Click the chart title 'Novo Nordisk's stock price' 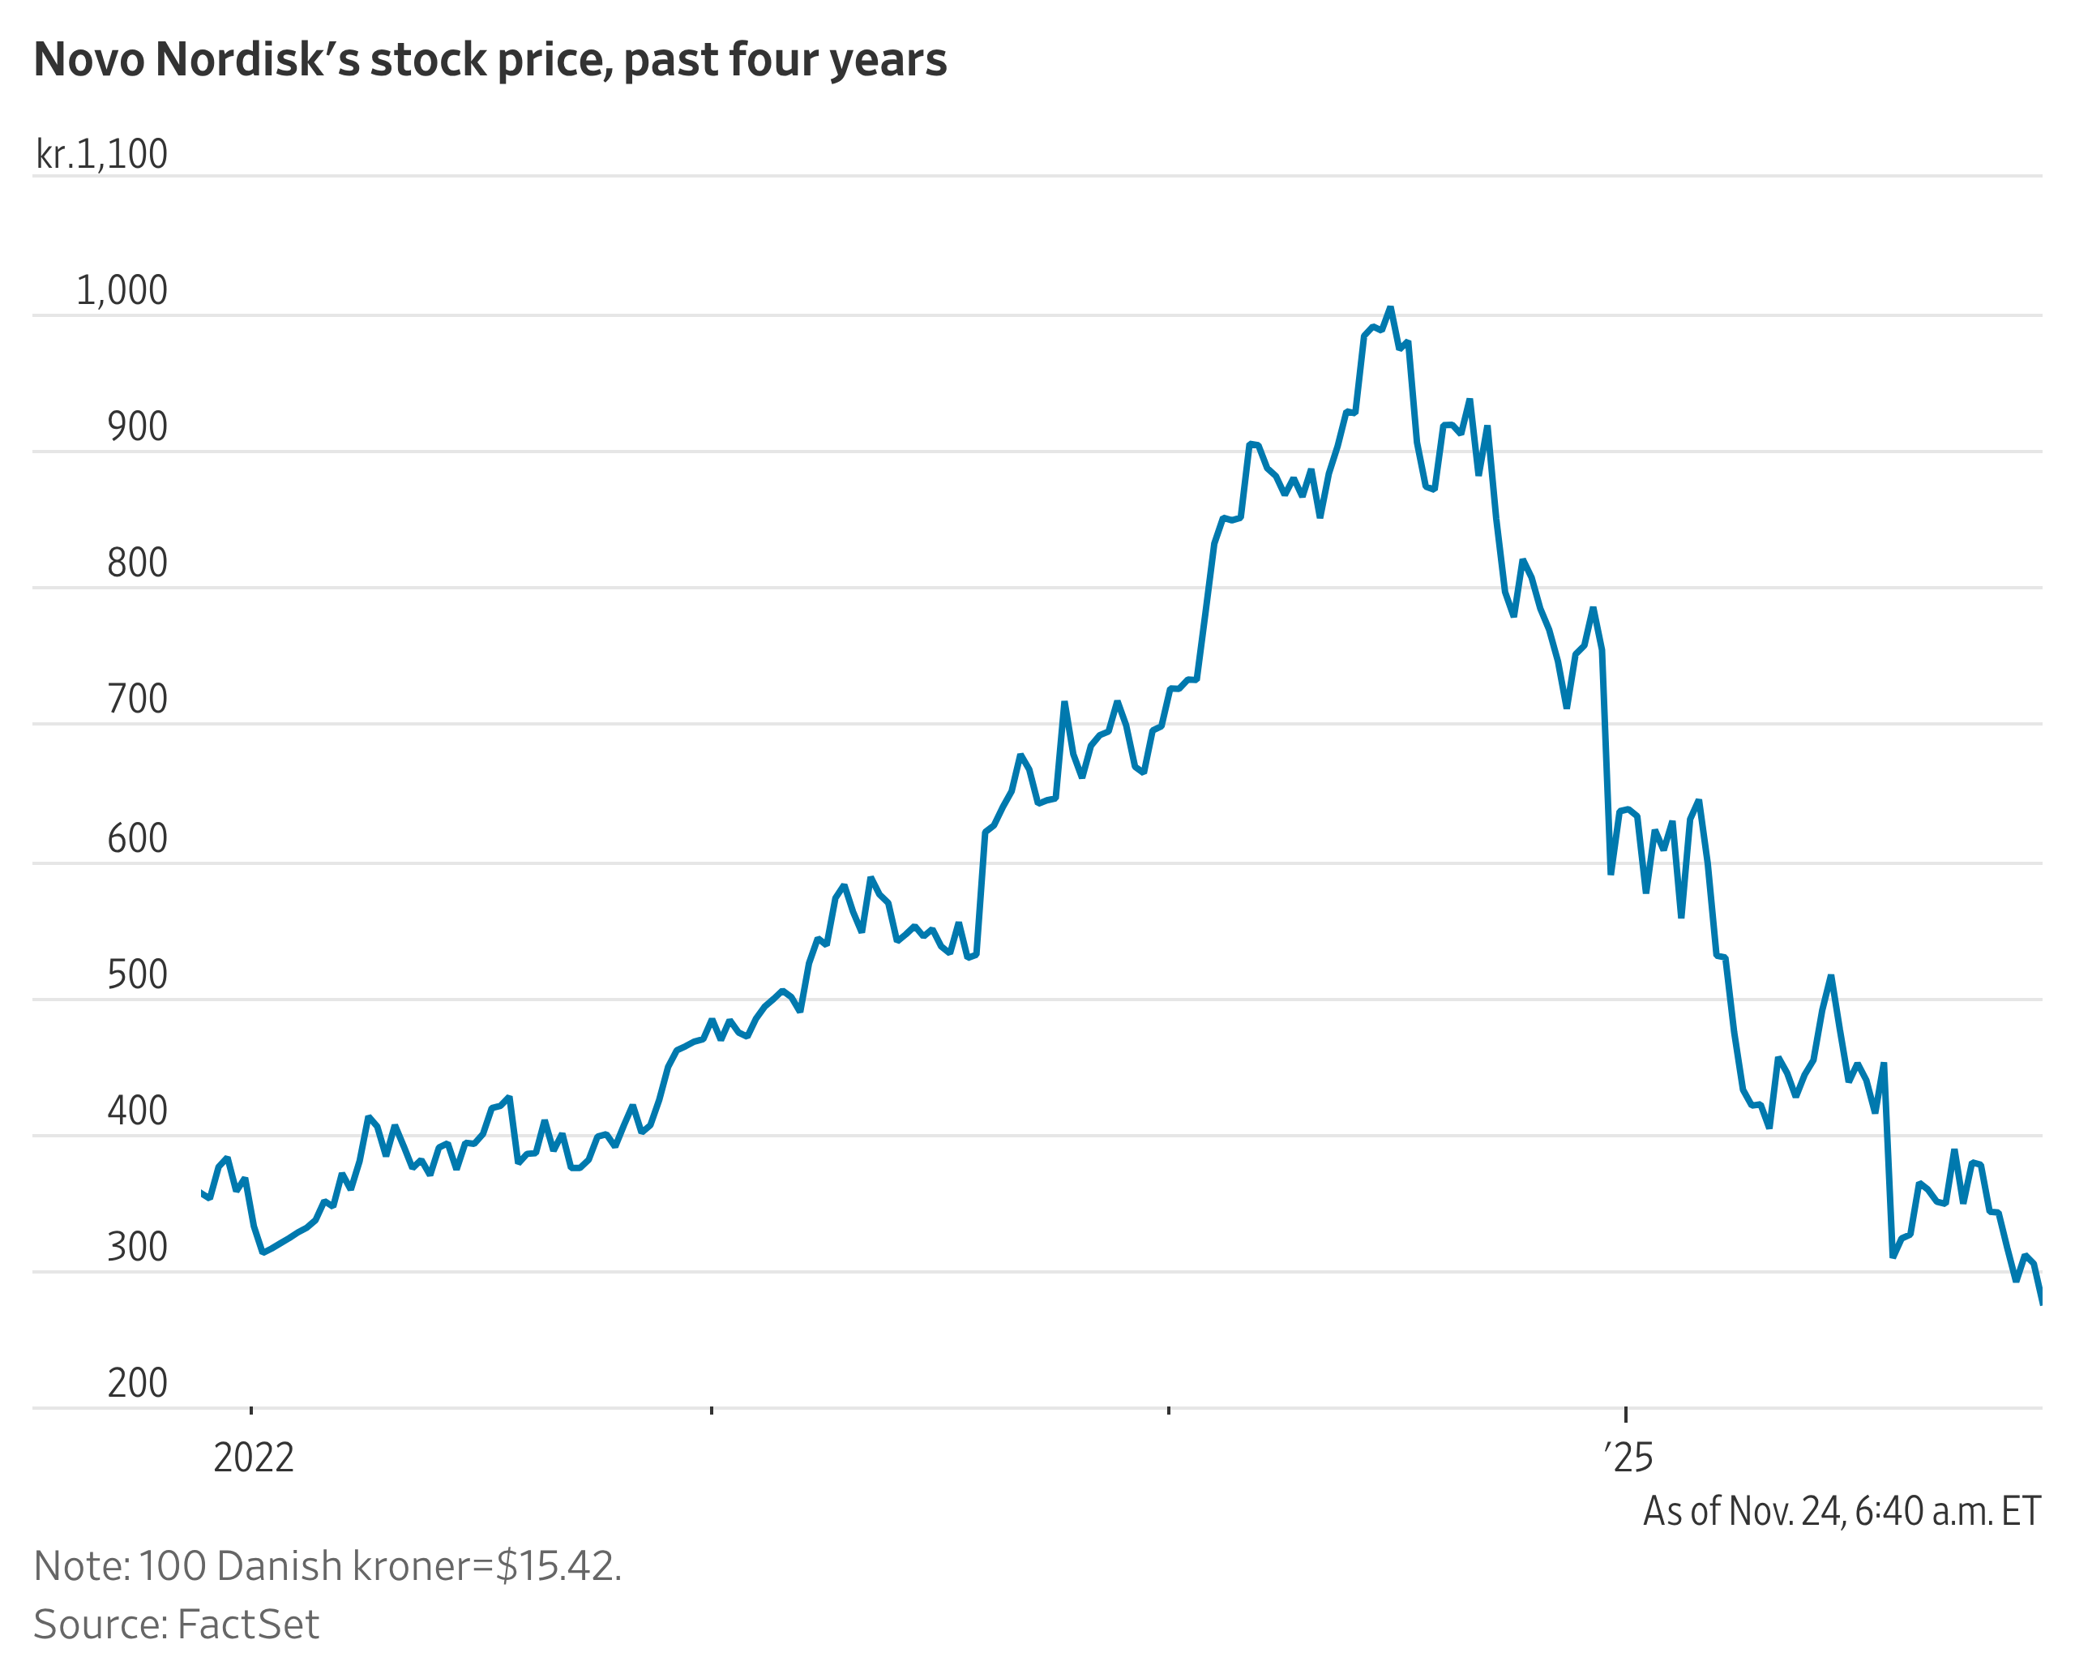[x=490, y=60]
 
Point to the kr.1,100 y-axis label [x=101, y=154]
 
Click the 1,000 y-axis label [x=122, y=290]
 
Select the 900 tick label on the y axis [x=137, y=426]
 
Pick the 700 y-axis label [x=137, y=698]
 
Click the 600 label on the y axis [x=137, y=838]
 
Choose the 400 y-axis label [x=137, y=1110]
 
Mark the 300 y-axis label [x=137, y=1247]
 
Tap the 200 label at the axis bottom [x=137, y=1383]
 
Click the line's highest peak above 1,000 [x=1389, y=309]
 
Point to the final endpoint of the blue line [x=2040, y=1303]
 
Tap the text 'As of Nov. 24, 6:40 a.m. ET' [x=1842, y=1511]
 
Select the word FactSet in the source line [x=248, y=1625]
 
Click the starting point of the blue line [x=203, y=1192]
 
